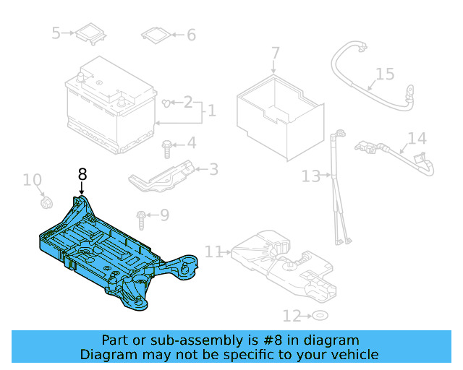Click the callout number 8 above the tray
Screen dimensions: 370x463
(82, 174)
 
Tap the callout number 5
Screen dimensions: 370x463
(56, 33)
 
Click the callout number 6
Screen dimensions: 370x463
(191, 35)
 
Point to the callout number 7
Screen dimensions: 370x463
(275, 53)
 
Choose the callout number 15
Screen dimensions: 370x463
(385, 74)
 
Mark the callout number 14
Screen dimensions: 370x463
(417, 138)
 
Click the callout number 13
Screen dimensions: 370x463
(310, 176)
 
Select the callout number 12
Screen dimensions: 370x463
(292, 316)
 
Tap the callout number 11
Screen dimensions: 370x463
(213, 251)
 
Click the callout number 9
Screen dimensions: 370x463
(164, 215)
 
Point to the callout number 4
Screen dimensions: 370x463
(191, 143)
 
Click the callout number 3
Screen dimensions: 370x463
(213, 169)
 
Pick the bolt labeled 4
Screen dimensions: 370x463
(167, 147)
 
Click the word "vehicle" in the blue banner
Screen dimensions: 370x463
(352, 354)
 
